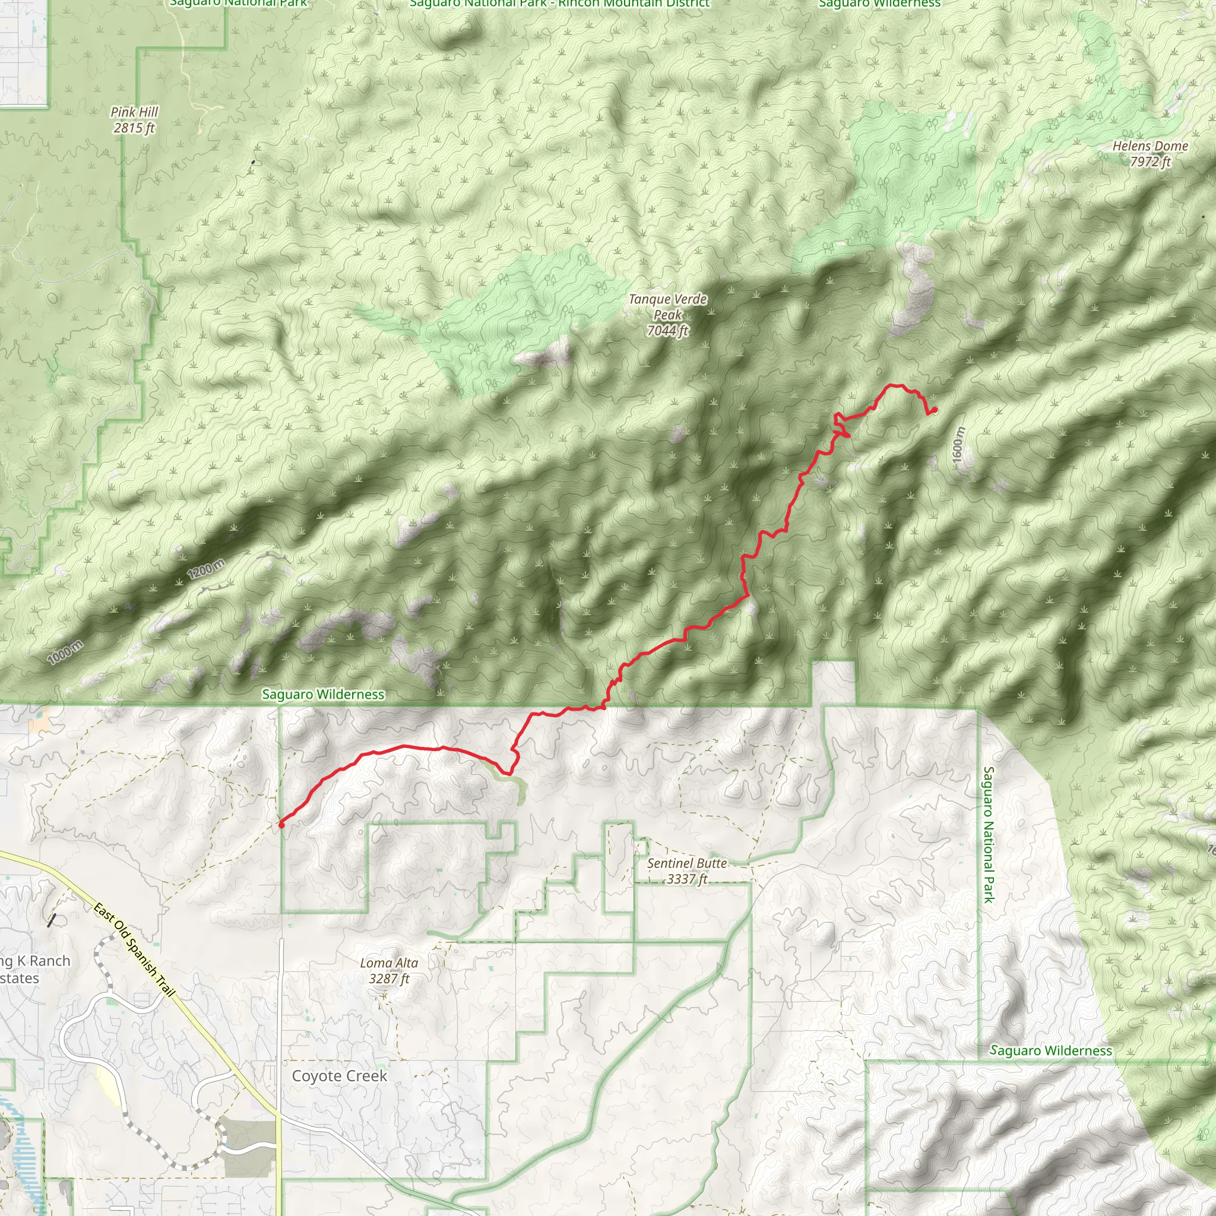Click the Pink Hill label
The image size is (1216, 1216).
pyautogui.click(x=134, y=112)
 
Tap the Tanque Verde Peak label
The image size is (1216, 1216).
pyautogui.click(x=668, y=306)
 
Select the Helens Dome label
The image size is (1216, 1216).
pyautogui.click(x=1150, y=146)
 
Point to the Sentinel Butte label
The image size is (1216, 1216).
pyautogui.click(x=687, y=863)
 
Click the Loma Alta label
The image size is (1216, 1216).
pyautogui.click(x=389, y=962)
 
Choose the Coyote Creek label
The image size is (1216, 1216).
pyautogui.click(x=339, y=1076)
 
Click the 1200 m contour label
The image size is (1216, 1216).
pyautogui.click(x=206, y=568)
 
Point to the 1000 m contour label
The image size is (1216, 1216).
pyautogui.click(x=65, y=652)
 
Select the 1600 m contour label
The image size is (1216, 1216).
pyautogui.click(x=957, y=445)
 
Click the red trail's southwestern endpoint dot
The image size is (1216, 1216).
pyautogui.click(x=281, y=825)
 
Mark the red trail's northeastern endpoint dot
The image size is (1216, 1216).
pyautogui.click(x=934, y=410)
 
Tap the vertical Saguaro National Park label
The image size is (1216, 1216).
pyautogui.click(x=988, y=835)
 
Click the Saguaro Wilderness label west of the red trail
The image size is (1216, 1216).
pyautogui.click(x=323, y=694)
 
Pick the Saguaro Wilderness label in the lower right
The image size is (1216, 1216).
pyautogui.click(x=1050, y=1050)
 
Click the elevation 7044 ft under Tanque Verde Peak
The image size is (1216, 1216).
pyautogui.click(x=668, y=331)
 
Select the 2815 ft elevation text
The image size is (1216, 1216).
pyautogui.click(x=134, y=128)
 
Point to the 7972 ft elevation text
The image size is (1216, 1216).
pyautogui.click(x=1150, y=161)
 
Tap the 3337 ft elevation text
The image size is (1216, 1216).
pyautogui.click(x=687, y=879)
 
